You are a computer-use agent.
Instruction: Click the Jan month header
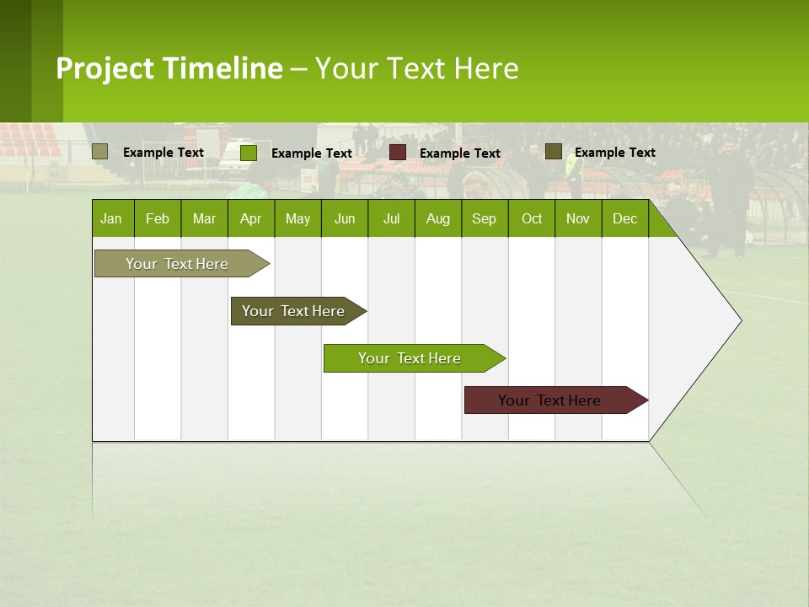[112, 218]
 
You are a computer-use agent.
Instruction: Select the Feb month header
[158, 218]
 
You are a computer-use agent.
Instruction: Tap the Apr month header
[251, 218]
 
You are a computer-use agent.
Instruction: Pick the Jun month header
[345, 218]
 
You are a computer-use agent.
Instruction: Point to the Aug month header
[438, 218]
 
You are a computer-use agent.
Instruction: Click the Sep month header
[485, 218]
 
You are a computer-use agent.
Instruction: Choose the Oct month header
[532, 218]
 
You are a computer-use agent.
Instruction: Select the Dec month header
[625, 218]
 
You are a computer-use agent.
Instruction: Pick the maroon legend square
[398, 152]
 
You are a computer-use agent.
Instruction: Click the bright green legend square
[249, 153]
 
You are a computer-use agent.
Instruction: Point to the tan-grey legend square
[100, 152]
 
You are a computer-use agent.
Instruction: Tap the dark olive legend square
[554, 151]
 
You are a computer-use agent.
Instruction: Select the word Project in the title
[105, 68]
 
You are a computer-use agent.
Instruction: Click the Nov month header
[578, 218]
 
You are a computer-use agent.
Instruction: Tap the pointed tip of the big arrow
[739, 320]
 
